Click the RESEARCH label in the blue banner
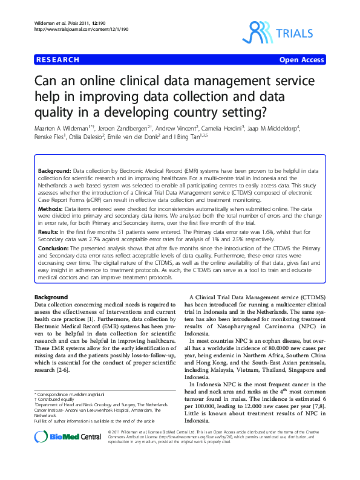57,60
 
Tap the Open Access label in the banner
301,60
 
